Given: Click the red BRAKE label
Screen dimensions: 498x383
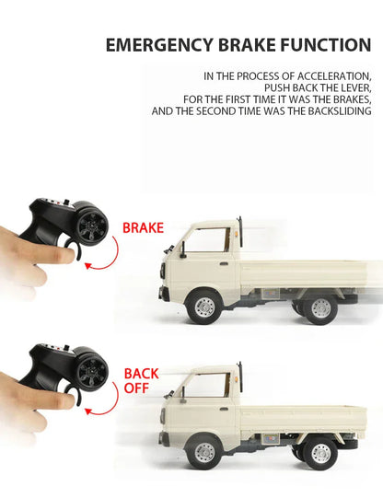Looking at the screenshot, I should (143, 226).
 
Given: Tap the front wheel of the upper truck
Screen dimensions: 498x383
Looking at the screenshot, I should (203, 307).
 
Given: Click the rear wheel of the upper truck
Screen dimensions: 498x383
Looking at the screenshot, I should (319, 307).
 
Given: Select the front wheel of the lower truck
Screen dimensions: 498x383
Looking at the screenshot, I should (203, 454).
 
